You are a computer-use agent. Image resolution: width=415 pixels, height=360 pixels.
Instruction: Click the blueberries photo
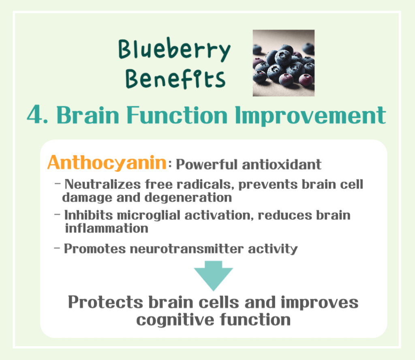(x=283, y=63)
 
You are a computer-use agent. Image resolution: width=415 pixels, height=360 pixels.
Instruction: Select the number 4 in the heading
(x=34, y=116)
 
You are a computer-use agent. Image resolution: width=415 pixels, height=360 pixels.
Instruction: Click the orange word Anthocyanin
(x=107, y=163)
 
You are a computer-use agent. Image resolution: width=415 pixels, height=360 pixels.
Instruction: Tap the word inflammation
(x=106, y=228)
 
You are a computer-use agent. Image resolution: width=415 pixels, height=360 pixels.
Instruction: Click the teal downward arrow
(x=213, y=276)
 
